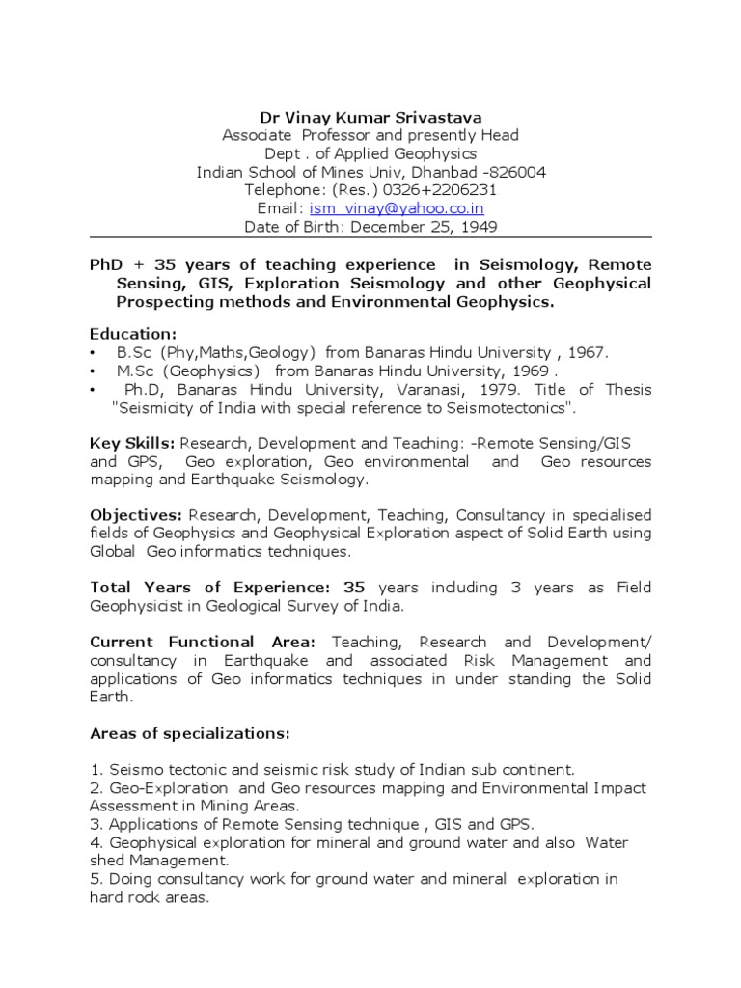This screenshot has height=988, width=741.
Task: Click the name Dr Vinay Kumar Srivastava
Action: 370,117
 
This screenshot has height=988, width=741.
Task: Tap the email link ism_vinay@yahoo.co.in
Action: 397,208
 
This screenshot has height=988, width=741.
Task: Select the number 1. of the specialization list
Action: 96,770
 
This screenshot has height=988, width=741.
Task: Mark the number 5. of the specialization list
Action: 96,879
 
